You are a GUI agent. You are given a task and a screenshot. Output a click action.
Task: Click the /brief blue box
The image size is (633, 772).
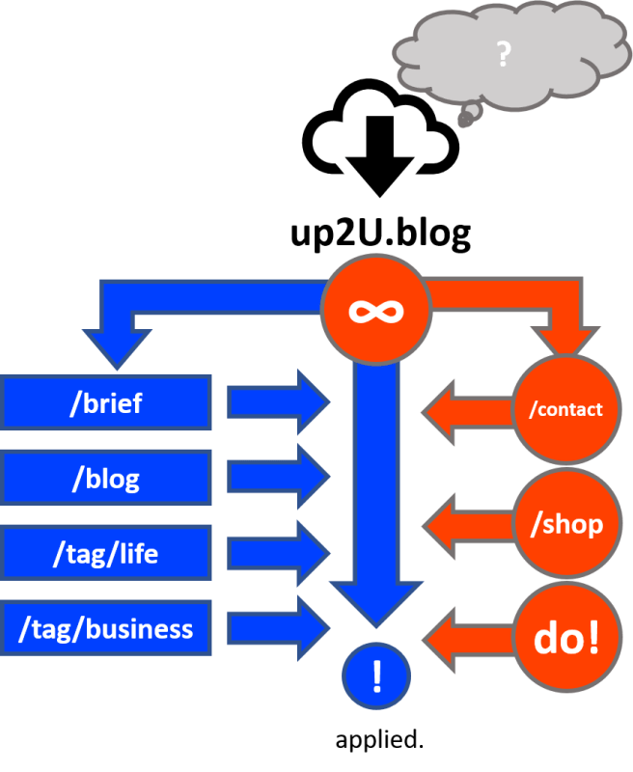106,403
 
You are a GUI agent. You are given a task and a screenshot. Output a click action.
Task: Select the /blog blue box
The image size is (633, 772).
106,479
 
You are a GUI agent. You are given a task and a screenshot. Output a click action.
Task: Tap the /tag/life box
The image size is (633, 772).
106,554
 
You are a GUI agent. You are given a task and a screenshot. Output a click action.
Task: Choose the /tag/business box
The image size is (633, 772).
106,629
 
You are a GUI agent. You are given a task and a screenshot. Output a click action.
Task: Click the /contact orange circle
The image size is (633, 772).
565,409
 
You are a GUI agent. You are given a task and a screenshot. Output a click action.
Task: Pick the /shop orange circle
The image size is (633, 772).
565,524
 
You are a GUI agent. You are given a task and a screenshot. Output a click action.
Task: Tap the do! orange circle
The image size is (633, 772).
565,640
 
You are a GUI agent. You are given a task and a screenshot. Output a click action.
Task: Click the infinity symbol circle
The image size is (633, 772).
377,310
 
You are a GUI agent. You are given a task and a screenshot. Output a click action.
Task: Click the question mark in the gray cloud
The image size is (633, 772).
503,55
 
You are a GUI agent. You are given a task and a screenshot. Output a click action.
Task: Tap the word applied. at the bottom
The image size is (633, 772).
379,741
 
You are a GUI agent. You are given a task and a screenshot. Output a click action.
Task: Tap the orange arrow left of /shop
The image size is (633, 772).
467,525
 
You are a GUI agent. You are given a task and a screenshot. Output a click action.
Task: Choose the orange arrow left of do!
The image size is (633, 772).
467,638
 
